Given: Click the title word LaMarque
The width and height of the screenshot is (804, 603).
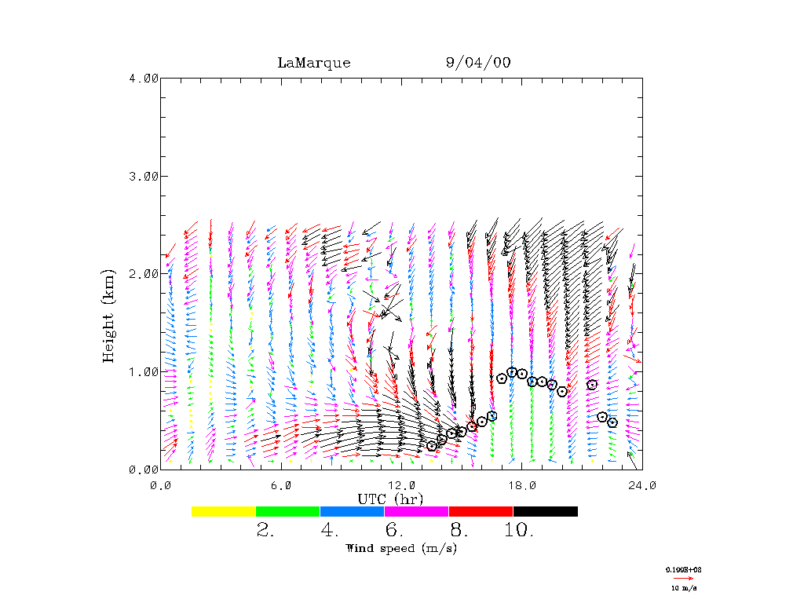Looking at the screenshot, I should pos(314,63).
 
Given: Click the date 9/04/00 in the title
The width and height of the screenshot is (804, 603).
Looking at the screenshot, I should pos(477,63).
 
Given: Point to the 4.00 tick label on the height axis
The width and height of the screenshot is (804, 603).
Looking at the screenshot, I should pos(144,78).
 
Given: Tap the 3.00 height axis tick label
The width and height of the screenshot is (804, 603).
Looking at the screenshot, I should pos(144,176).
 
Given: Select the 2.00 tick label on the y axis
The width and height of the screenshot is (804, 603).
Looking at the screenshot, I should pos(144,273).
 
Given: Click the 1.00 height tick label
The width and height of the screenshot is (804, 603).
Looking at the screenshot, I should pos(144,371).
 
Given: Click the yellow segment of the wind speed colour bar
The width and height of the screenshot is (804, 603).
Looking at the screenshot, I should pos(224,511).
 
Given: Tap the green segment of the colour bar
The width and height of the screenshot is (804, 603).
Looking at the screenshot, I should pos(288,511).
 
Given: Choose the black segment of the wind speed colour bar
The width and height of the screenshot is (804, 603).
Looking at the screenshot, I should pos(545,511).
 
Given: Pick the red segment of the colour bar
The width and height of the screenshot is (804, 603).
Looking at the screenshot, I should pos(481,511).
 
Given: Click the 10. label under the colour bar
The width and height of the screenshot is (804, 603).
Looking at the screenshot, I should pos(518,530).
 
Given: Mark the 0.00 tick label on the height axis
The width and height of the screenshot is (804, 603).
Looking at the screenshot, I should pos(144,469).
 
